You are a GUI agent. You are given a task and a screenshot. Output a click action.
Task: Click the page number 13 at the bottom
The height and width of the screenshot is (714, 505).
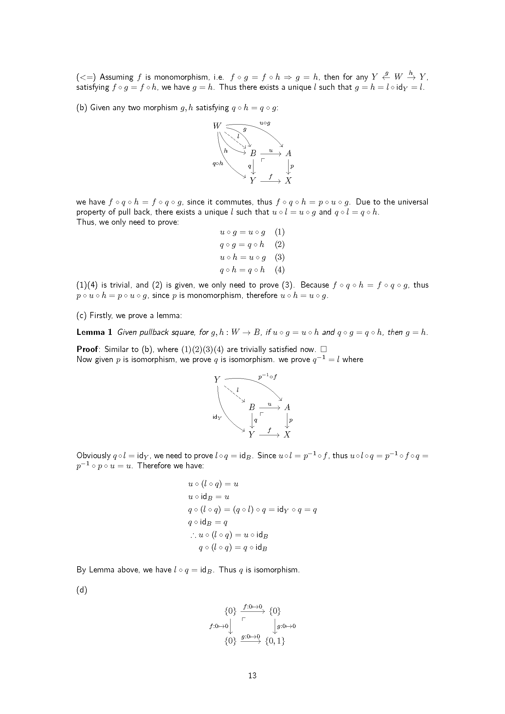coord(252,676)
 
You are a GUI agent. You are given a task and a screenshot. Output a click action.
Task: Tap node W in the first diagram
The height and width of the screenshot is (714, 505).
coord(217,126)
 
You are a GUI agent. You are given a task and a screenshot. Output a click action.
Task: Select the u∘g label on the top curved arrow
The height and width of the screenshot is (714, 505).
coord(265,123)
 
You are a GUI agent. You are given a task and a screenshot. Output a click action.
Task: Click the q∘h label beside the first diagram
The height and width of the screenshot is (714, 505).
coord(218,163)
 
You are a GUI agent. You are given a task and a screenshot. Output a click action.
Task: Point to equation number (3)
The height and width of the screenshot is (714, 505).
coord(280,257)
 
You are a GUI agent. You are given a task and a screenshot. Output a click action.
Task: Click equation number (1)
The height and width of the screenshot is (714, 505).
coord(280,232)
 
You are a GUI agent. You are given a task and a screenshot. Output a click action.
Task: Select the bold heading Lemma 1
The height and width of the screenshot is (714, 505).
coord(94,332)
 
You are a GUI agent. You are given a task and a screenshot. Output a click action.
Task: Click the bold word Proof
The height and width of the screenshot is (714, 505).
coord(87,349)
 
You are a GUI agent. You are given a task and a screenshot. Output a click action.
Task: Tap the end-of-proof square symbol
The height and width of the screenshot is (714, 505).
coord(323,349)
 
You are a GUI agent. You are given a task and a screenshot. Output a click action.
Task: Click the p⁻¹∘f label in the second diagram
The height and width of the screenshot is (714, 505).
coord(267,377)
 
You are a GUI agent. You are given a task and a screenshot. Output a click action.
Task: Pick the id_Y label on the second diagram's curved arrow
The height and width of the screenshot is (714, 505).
coord(217,417)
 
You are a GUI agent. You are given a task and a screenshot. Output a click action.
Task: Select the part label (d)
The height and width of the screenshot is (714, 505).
coord(82,590)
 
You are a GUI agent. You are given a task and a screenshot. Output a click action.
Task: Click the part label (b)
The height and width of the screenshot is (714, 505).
coord(82,107)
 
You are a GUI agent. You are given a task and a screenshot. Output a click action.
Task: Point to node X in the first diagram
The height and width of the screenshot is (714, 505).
coord(288,181)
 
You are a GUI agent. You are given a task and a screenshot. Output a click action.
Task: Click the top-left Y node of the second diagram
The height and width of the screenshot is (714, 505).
coord(217,379)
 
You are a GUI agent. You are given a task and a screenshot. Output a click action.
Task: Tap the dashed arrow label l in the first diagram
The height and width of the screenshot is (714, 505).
coord(238,136)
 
